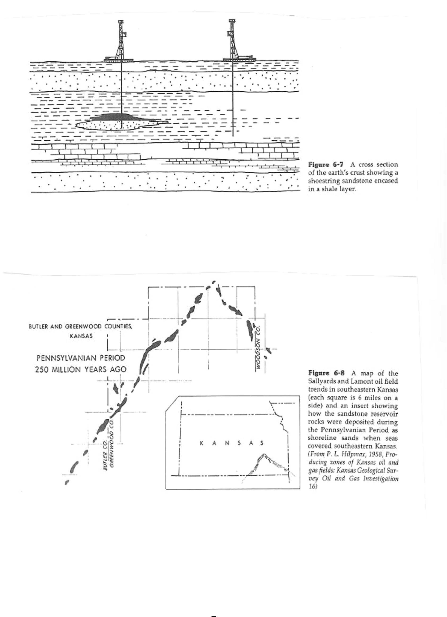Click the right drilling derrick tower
(x=232, y=41)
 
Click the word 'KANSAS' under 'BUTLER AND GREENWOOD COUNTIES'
(x=81, y=336)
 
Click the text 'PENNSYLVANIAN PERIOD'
(x=81, y=358)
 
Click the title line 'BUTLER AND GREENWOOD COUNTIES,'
(x=80, y=326)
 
